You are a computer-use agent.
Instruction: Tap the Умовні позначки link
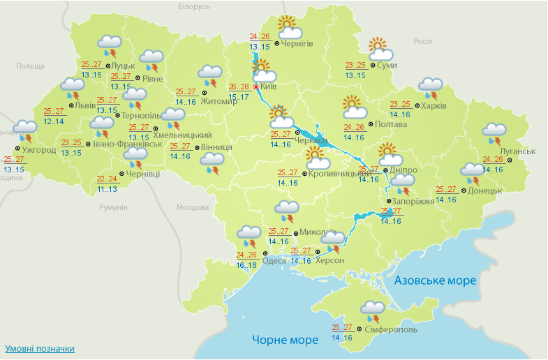(x=40, y=348)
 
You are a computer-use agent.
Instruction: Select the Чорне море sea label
(x=285, y=340)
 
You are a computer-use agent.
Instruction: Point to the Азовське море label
(x=436, y=280)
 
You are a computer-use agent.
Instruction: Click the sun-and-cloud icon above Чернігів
(x=289, y=27)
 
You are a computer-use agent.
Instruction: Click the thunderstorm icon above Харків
(x=430, y=88)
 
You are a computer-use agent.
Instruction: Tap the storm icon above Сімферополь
(x=372, y=310)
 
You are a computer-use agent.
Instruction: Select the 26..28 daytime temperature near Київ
(x=239, y=87)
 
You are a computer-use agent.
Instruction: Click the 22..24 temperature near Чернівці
(x=108, y=178)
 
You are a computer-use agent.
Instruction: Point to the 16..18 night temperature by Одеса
(x=246, y=265)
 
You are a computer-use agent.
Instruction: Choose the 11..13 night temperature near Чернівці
(x=108, y=188)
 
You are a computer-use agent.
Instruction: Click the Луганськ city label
(x=517, y=151)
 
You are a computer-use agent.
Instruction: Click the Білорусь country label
(x=193, y=6)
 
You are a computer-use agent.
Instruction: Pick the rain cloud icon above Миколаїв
(x=286, y=209)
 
